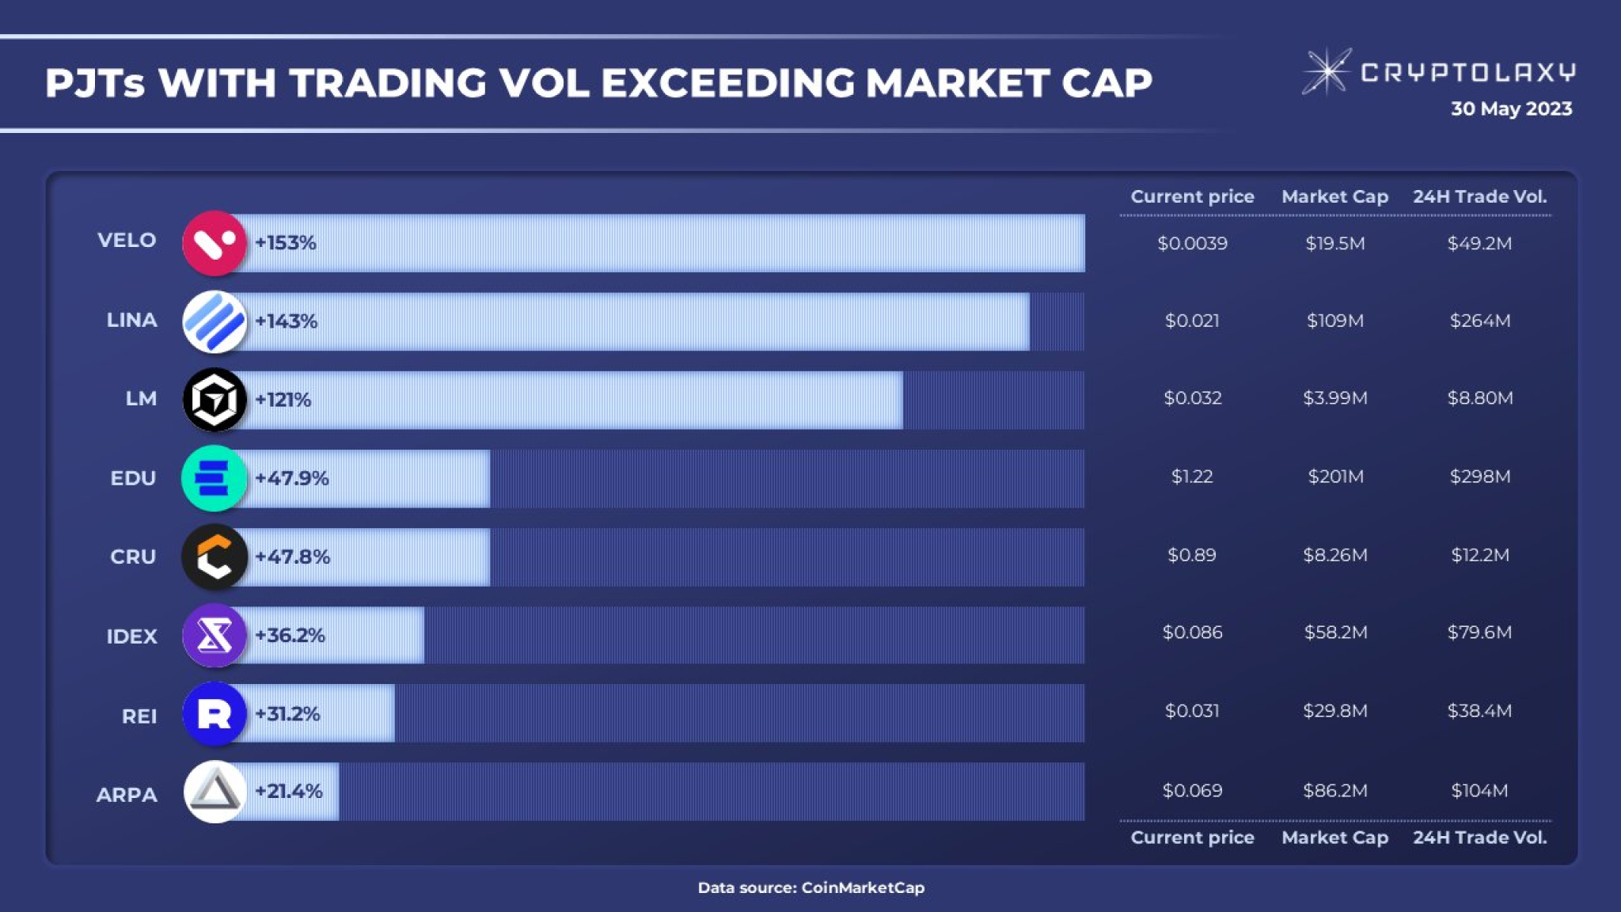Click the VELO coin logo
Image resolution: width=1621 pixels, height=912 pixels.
click(x=214, y=243)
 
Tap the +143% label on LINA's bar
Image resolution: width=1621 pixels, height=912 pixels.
click(x=286, y=321)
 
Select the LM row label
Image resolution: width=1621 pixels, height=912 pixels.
click(x=141, y=398)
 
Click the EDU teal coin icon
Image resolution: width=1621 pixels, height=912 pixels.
click(x=214, y=478)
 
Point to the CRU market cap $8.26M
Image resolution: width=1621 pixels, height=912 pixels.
click(x=1335, y=555)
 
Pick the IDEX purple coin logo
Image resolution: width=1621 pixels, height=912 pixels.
click(x=214, y=635)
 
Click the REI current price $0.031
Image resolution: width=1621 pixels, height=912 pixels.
click(x=1192, y=711)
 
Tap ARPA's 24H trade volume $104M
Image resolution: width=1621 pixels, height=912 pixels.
click(x=1479, y=790)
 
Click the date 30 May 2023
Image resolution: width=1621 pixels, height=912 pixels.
click(x=1511, y=108)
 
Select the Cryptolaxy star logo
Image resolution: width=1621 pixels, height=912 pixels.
click(x=1327, y=71)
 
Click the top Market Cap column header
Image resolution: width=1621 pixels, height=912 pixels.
click(x=1335, y=196)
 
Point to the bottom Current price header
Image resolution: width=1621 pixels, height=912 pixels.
click(x=1192, y=837)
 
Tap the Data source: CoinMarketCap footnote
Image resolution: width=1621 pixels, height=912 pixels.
click(x=810, y=887)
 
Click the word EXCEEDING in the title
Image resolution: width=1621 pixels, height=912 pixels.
click(x=727, y=83)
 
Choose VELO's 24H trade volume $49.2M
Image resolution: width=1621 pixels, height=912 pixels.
click(x=1479, y=243)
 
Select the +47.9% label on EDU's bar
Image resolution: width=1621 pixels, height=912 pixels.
click(x=291, y=478)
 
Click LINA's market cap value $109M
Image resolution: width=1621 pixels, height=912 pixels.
click(x=1335, y=321)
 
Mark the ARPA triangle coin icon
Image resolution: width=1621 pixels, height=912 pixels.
click(x=214, y=792)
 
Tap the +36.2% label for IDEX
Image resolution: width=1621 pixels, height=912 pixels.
click(x=290, y=635)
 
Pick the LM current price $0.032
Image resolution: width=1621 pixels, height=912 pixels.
click(x=1192, y=398)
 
